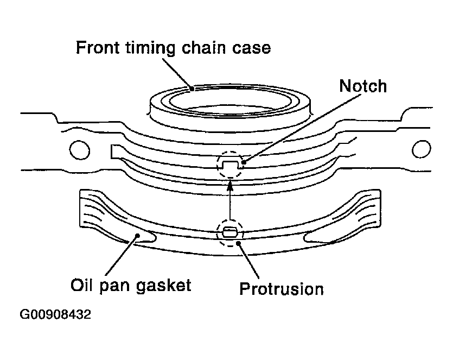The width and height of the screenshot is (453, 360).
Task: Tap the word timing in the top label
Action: tap(150, 48)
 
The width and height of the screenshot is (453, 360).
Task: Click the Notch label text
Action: tap(363, 86)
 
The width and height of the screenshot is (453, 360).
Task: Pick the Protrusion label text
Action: tap(282, 289)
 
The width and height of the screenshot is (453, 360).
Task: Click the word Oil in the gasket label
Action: tap(82, 285)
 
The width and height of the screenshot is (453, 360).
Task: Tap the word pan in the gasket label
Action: tap(116, 286)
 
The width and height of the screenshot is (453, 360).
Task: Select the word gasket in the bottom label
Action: tap(163, 286)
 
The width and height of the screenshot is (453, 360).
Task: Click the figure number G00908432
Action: tap(55, 314)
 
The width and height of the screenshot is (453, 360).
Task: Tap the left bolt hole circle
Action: tap(80, 150)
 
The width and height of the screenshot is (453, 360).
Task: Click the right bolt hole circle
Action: tap(421, 149)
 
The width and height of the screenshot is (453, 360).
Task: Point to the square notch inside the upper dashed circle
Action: tap(230, 165)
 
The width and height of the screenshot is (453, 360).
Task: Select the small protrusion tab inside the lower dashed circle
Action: tap(230, 231)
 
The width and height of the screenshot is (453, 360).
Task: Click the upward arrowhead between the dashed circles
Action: tap(230, 185)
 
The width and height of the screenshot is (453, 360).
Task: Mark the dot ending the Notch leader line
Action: tap(244, 162)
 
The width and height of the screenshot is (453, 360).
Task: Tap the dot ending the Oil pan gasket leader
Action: tap(138, 236)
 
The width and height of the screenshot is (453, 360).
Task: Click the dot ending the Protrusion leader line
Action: tap(238, 243)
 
